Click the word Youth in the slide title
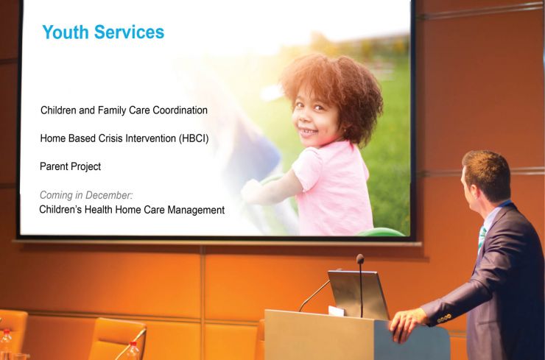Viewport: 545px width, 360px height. (66, 32)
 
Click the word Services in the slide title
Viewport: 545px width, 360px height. (129, 32)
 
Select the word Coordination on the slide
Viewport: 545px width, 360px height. (180, 110)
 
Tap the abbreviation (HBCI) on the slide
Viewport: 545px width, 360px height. (194, 138)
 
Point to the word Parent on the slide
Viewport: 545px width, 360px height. (52, 166)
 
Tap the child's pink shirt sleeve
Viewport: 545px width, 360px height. (308, 164)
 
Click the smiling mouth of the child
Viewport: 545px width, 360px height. (308, 132)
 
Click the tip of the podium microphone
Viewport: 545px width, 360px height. (360, 258)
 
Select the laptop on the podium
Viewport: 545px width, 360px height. (358, 294)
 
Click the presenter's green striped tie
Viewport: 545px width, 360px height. (482, 237)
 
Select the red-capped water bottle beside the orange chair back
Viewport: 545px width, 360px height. (132, 351)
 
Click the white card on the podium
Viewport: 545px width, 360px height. (336, 311)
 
